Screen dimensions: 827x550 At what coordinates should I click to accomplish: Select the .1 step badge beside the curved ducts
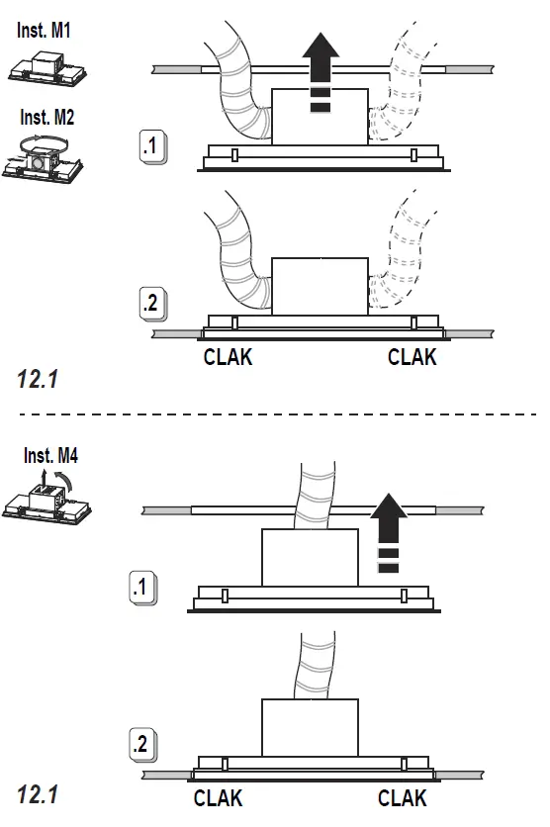point(151,148)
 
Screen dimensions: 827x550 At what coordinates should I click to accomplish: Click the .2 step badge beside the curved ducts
point(151,304)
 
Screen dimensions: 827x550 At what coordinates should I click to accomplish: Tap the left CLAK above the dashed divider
point(228,357)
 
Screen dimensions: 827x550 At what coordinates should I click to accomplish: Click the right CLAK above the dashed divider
point(412,357)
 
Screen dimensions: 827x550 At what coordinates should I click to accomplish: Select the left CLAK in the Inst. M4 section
point(218,797)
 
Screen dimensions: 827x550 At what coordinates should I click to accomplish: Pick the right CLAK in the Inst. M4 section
point(403,797)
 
